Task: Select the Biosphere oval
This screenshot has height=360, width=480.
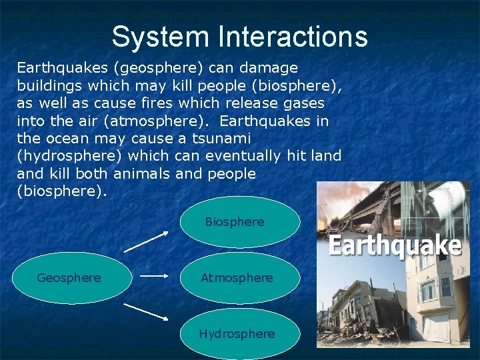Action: [239, 221]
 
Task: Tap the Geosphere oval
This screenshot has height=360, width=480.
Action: [69, 278]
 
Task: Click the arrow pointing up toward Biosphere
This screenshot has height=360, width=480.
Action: [147, 241]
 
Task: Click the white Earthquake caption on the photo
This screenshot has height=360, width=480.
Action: [395, 246]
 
